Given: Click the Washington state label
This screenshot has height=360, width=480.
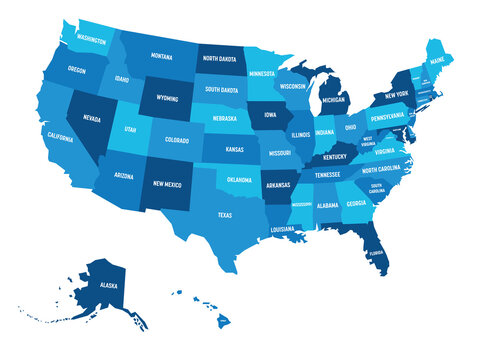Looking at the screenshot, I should (91, 41).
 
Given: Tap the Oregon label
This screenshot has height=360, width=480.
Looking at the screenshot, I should (77, 71).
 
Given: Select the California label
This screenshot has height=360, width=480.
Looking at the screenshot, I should (59, 137).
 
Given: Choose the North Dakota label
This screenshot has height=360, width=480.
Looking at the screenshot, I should (219, 59).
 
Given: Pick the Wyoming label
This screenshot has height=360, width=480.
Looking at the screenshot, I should (161, 100).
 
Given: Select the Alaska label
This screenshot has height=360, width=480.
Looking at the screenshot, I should (105, 283).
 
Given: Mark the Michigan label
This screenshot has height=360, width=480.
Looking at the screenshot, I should (333, 100).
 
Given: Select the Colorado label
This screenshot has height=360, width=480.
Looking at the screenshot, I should (176, 141).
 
